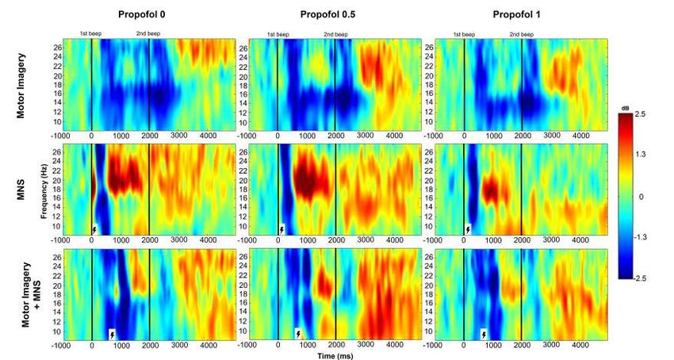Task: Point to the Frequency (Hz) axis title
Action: [x=40, y=189]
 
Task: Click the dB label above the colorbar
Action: [x=636, y=107]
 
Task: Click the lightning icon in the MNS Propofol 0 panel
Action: [x=95, y=230]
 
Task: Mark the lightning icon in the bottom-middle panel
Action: [x=298, y=334]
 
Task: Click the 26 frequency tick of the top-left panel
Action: [x=56, y=48]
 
